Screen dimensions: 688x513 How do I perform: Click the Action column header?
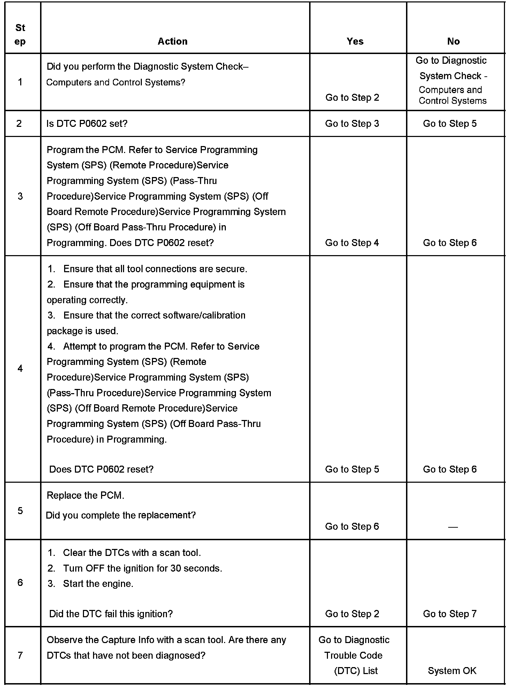173,41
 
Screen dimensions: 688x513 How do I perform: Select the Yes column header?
355,41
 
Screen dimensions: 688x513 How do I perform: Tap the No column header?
453,41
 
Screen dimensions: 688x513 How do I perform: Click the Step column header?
20,35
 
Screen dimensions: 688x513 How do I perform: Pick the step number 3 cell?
20,196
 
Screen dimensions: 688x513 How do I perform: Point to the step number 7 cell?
20,655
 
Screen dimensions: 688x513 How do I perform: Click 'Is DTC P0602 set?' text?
87,124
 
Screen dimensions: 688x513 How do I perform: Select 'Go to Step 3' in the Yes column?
352,124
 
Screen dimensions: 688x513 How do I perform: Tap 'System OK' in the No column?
452,671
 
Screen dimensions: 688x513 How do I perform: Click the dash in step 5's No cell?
453,527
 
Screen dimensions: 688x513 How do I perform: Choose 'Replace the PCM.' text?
85,495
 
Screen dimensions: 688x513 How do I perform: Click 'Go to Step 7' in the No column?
450,613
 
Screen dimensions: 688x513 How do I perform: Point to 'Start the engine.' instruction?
98,583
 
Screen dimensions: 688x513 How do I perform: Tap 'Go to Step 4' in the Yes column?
352,243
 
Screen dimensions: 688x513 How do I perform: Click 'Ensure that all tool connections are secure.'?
155,269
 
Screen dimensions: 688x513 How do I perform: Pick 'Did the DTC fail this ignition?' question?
111,613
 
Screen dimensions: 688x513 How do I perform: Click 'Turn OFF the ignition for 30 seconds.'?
142,568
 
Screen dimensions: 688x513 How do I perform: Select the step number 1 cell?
20,82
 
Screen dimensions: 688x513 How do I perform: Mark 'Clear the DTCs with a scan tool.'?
132,552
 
